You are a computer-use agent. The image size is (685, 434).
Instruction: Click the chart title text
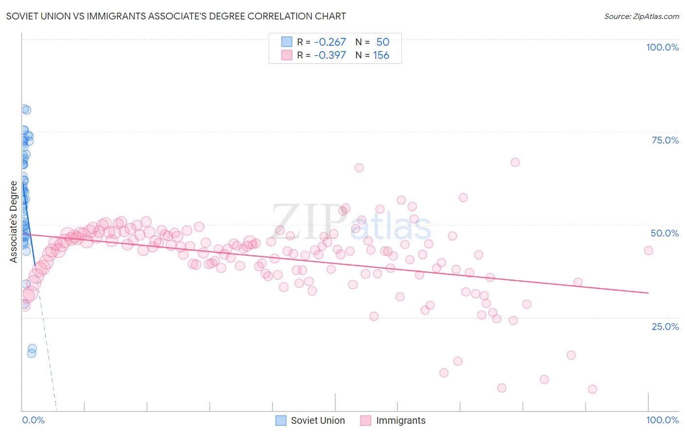point(176,16)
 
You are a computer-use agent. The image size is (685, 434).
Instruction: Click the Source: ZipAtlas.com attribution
point(641,16)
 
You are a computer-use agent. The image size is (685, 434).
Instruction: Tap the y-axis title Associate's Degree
point(14,222)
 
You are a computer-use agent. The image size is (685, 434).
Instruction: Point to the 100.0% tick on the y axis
point(662,47)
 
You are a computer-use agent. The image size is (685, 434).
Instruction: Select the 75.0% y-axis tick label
point(665,140)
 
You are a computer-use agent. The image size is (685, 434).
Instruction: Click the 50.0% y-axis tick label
point(665,233)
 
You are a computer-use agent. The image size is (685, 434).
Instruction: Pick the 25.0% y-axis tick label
point(665,326)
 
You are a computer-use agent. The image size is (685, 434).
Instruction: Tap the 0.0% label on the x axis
point(33,420)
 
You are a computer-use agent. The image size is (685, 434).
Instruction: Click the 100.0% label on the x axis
point(662,420)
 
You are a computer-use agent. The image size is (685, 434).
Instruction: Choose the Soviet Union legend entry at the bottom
point(310,420)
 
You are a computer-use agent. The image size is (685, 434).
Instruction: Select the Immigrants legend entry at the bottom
point(393,420)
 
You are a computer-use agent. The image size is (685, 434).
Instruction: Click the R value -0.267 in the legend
point(330,42)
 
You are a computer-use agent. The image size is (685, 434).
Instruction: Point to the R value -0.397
point(330,55)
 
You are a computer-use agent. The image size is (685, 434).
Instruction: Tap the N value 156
point(381,55)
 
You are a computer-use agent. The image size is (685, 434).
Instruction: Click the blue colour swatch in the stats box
point(286,42)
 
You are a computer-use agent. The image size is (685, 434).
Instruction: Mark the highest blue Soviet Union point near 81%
point(26,109)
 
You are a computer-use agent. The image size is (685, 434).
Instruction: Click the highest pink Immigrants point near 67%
point(515,163)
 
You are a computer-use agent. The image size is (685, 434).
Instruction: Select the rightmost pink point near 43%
point(648,251)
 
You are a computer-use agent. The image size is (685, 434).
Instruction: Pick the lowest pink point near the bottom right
point(592,389)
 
